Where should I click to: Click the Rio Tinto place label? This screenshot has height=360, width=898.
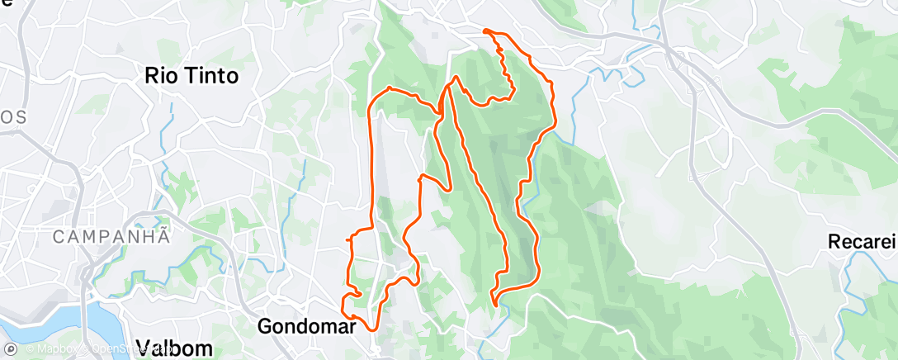pos(191,76)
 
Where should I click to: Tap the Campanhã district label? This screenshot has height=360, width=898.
pos(111,236)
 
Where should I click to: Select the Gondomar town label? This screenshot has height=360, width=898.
pos(306,325)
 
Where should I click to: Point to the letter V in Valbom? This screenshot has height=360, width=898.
pos(142,348)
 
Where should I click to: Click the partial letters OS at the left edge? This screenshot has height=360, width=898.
pos(12,117)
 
